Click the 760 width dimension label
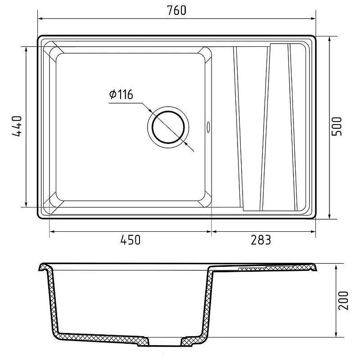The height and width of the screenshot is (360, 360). [x=176, y=10]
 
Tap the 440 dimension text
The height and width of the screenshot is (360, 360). [x=17, y=126]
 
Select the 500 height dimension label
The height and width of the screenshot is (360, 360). [x=337, y=126]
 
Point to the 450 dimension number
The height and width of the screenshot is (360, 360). [x=130, y=240]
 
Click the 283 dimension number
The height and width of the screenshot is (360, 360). [x=261, y=240]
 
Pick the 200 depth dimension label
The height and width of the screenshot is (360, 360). [x=343, y=301]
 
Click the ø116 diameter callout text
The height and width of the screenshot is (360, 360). [x=121, y=94]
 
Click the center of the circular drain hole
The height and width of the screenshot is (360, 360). [x=168, y=127]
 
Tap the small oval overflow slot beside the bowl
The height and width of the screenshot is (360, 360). [x=208, y=127]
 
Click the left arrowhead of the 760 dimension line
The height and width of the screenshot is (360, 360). [x=40, y=18]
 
